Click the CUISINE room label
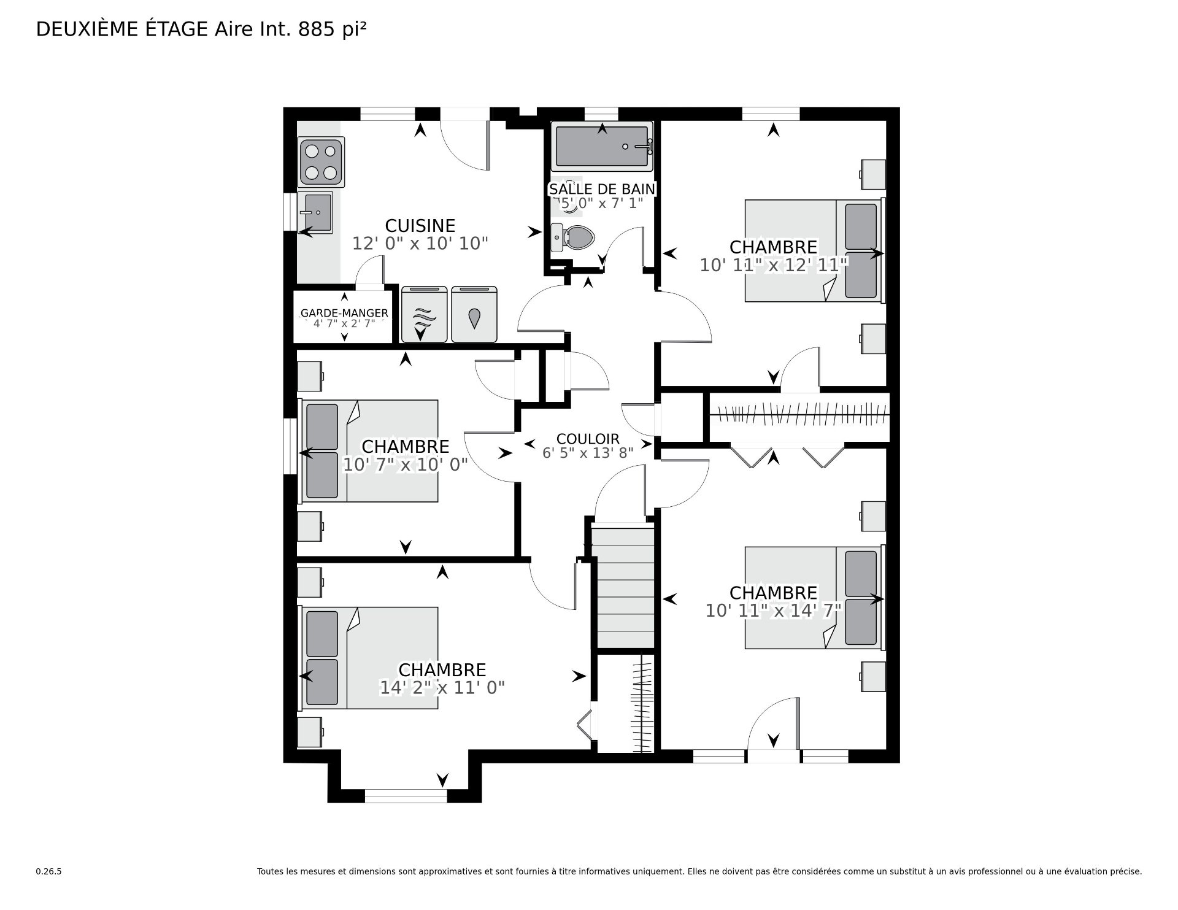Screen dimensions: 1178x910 [x=420, y=226]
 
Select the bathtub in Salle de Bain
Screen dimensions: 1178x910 [x=601, y=146]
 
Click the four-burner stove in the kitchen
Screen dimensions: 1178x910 [x=321, y=162]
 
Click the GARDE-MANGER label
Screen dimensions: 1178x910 [x=344, y=314]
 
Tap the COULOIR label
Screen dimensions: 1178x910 [x=588, y=439]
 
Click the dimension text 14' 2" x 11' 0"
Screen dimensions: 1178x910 [x=442, y=688]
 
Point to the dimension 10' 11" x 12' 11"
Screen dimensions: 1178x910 [x=774, y=265]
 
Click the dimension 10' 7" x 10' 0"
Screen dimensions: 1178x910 [x=405, y=465]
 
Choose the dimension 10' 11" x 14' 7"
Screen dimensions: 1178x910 [x=773, y=611]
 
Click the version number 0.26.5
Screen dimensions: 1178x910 [x=49, y=871]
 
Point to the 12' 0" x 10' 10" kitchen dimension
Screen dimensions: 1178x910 [x=420, y=244]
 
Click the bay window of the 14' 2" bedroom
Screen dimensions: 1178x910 [x=406, y=796]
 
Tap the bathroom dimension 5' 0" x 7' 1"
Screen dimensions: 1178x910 [x=600, y=202]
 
